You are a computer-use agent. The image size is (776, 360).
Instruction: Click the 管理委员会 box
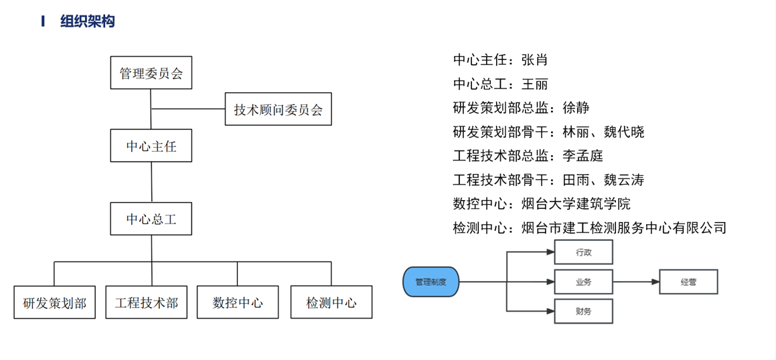tap(151, 73)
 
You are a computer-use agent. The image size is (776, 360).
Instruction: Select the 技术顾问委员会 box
tap(279, 109)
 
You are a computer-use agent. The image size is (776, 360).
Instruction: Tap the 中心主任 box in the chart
tap(151, 146)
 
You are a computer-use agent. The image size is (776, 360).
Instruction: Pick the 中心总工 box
tap(151, 219)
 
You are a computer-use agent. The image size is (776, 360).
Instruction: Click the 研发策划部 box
tap(54, 302)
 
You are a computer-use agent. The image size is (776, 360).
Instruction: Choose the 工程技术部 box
tap(147, 302)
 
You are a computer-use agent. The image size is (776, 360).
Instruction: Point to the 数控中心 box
tap(238, 302)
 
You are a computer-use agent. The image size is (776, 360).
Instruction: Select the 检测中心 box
tap(331, 302)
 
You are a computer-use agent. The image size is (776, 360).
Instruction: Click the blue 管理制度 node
tap(431, 282)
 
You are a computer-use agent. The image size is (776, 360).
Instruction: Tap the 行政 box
tap(584, 252)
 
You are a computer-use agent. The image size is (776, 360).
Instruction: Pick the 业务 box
tap(584, 282)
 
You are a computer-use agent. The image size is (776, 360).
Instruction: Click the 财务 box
tap(584, 311)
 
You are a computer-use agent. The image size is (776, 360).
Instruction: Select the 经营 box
tap(688, 282)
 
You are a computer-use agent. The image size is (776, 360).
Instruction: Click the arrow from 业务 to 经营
tap(636, 282)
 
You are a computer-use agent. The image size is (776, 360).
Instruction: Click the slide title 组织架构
tap(87, 21)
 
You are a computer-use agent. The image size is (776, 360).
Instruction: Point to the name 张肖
tap(534, 60)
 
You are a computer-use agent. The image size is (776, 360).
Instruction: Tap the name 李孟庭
tap(583, 156)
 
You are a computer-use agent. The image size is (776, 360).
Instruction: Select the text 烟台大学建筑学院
tap(576, 203)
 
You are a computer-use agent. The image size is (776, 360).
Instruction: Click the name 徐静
tap(576, 108)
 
